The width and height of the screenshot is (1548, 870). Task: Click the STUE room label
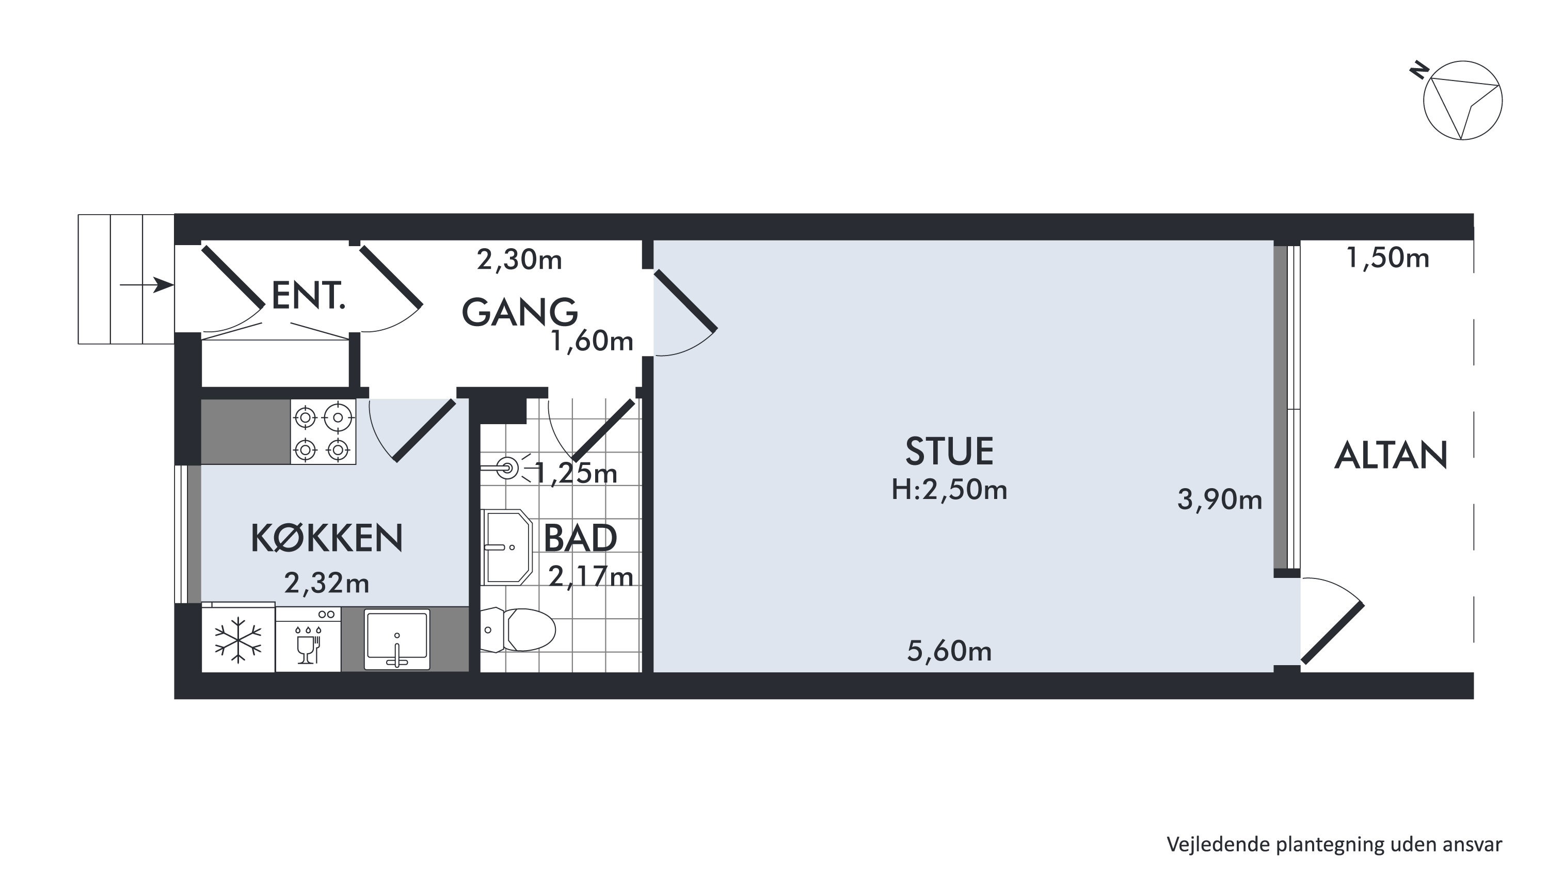(949, 452)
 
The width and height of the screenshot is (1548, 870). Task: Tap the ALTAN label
(1391, 456)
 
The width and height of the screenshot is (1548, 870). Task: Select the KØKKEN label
(326, 538)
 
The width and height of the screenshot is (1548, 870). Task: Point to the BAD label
(580, 538)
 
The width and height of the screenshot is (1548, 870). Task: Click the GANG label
(519, 312)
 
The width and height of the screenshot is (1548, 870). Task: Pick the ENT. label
(308, 296)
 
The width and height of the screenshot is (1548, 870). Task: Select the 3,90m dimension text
(1219, 500)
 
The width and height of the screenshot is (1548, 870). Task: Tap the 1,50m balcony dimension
(1387, 259)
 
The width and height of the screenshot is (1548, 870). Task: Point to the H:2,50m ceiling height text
(949, 490)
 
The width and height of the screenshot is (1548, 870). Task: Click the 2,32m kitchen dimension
(326, 583)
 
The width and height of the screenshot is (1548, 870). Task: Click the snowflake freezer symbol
(238, 640)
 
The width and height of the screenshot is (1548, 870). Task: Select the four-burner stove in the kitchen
(323, 432)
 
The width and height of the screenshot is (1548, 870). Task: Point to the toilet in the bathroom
(518, 630)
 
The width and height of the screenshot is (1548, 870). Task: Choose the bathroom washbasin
(506, 547)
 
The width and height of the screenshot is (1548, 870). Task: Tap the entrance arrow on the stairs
(147, 285)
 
